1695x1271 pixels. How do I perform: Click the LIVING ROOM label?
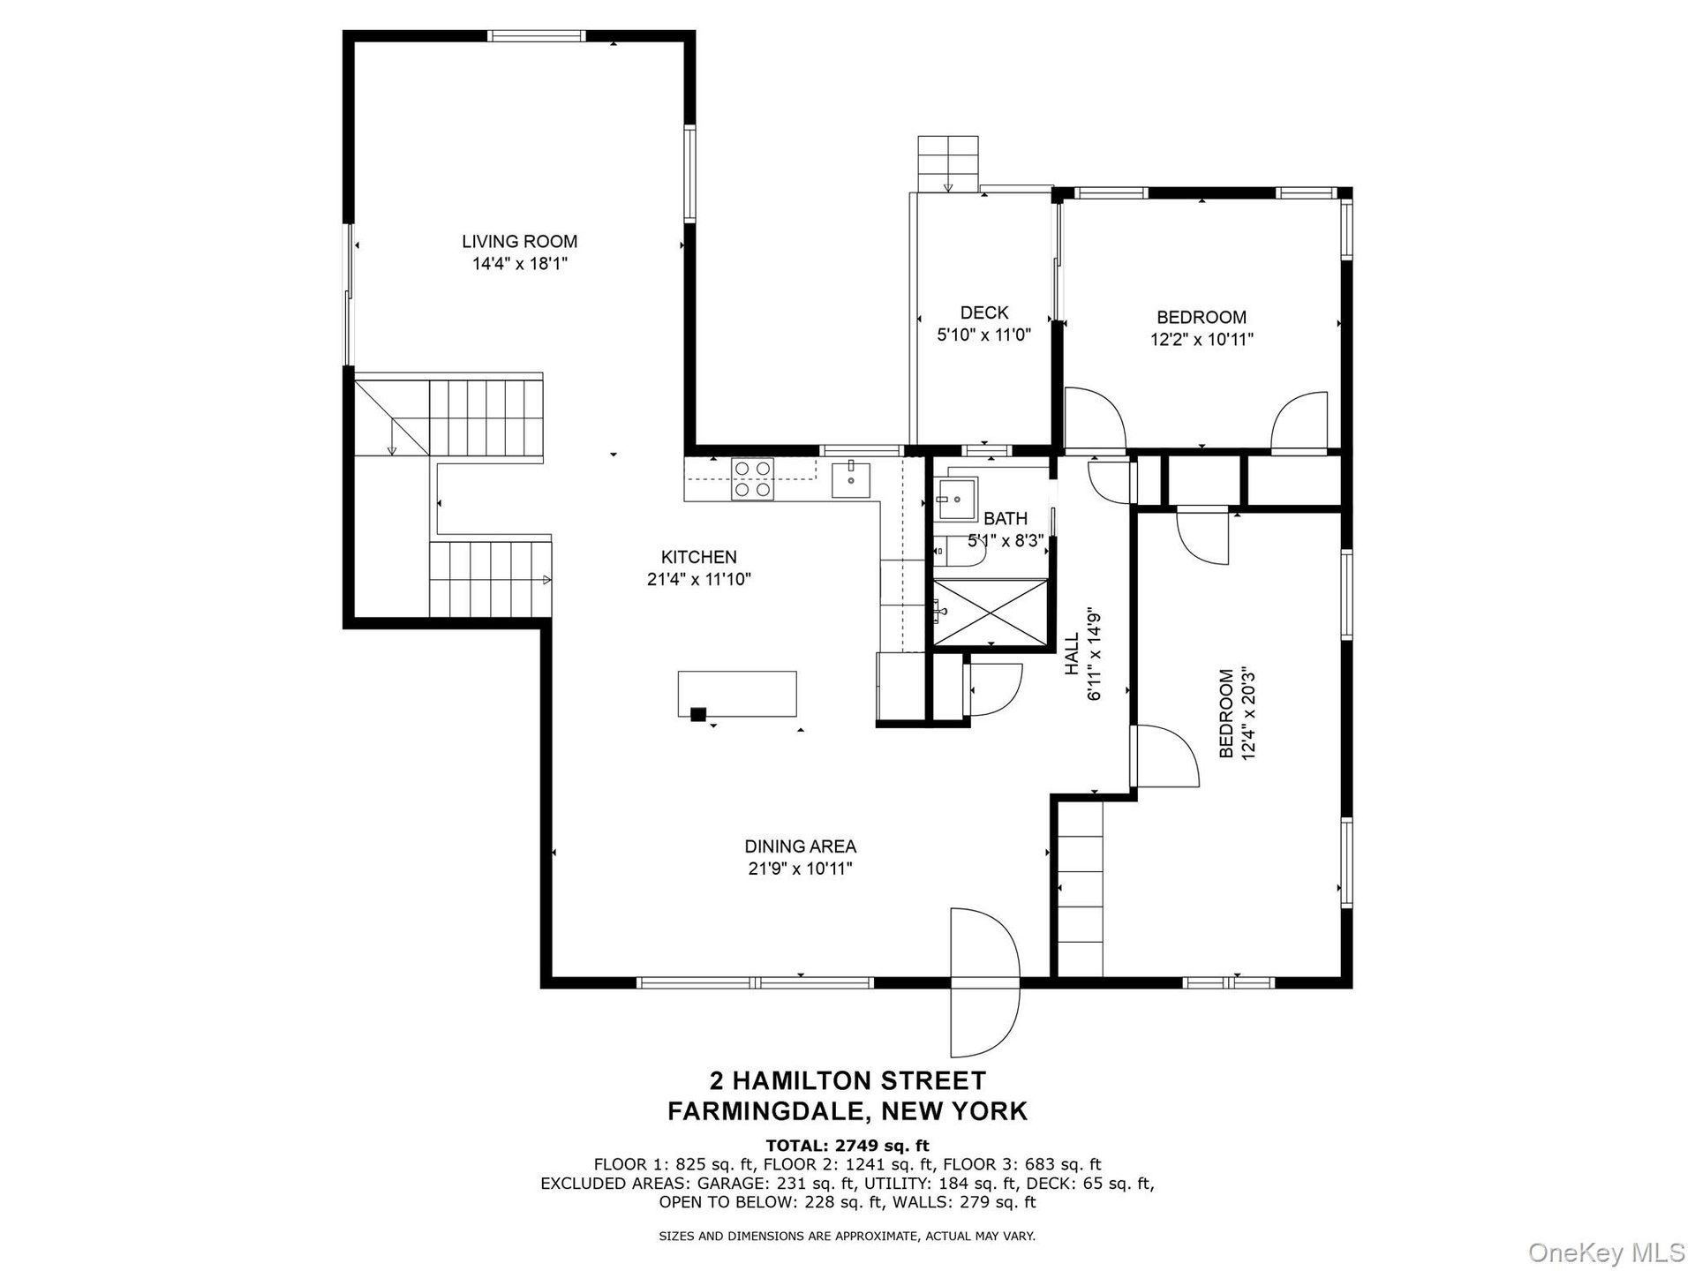tap(519, 241)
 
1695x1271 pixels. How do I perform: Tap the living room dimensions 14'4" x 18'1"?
tap(519, 264)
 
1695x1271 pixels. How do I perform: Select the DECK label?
tap(984, 312)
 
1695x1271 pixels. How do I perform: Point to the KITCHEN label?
tap(699, 557)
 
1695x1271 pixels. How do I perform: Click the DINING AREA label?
tap(801, 846)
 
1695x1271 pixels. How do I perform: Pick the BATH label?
tap(1006, 518)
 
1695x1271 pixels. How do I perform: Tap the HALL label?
tap(1072, 654)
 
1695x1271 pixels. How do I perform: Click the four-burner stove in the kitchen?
tap(753, 479)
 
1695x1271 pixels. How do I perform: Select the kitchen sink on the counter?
tap(851, 480)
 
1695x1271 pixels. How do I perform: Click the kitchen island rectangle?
tap(737, 694)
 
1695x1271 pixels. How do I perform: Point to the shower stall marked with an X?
tap(991, 613)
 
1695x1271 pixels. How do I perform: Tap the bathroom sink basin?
tap(957, 500)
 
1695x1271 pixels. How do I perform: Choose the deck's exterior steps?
tap(948, 164)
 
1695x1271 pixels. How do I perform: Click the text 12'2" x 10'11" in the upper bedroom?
tap(1202, 340)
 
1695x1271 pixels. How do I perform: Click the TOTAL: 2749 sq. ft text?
tap(847, 1147)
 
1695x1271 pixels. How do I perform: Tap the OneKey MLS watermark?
tap(1607, 1252)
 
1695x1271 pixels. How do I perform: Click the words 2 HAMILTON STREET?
tap(847, 1081)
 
